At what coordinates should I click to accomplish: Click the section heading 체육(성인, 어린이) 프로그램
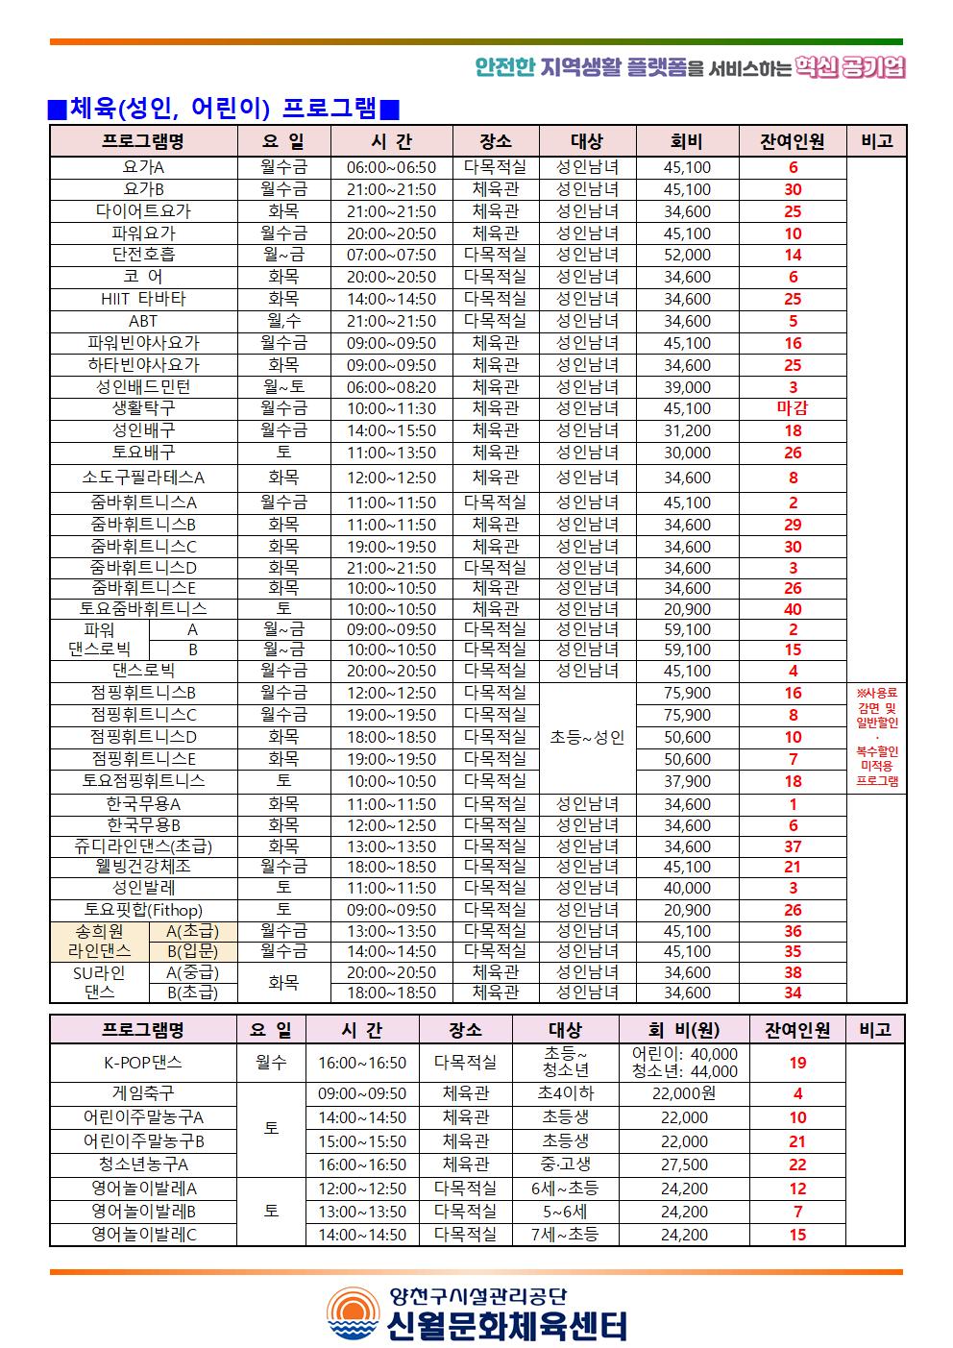[224, 109]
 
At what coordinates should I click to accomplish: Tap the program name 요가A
[143, 167]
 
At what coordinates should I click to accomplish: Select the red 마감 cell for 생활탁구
[793, 408]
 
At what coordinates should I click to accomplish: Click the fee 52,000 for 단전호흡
[687, 255]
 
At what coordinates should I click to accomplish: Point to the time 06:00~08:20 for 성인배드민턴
[391, 387]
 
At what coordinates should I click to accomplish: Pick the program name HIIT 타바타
[143, 299]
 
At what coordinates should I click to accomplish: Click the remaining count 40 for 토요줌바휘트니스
[793, 609]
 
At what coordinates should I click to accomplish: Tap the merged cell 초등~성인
[587, 737]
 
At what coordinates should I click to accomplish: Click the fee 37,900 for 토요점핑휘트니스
[687, 781]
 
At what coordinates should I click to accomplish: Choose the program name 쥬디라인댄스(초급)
[143, 846]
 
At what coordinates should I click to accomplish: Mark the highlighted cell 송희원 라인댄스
[100, 941]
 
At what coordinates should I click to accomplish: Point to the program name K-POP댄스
[143, 1063]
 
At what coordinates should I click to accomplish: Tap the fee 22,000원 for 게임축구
[684, 1093]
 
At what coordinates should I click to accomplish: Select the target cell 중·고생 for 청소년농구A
[565, 1164]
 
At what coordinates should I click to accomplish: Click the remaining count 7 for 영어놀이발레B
[797, 1212]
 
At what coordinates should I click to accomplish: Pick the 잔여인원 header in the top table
[793, 141]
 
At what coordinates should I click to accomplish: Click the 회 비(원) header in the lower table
[684, 1030]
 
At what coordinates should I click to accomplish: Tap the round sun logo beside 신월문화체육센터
[353, 1313]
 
